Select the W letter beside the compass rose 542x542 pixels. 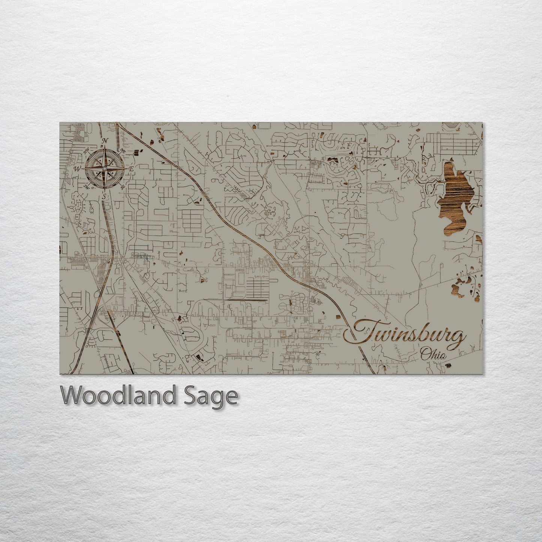coord(78,168)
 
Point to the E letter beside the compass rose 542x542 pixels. coord(131,169)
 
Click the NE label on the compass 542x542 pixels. coord(123,150)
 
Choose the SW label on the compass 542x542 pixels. coord(87,187)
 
